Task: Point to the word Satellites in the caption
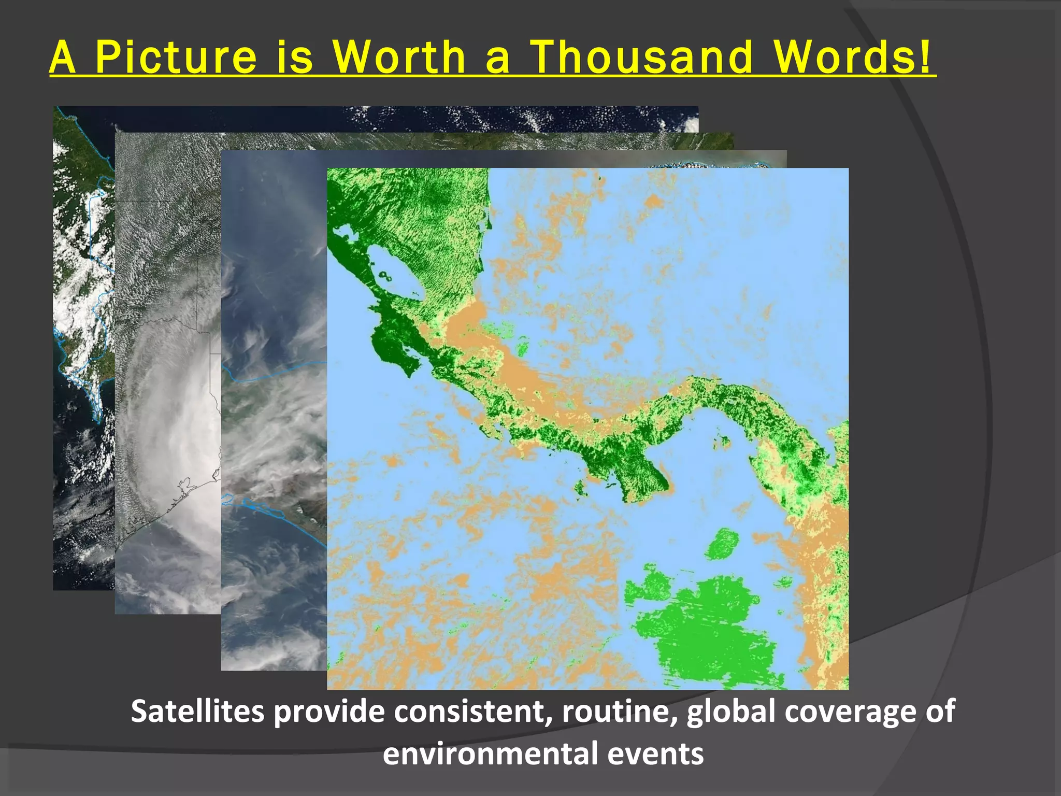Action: [197, 712]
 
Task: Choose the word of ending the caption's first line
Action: [940, 712]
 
